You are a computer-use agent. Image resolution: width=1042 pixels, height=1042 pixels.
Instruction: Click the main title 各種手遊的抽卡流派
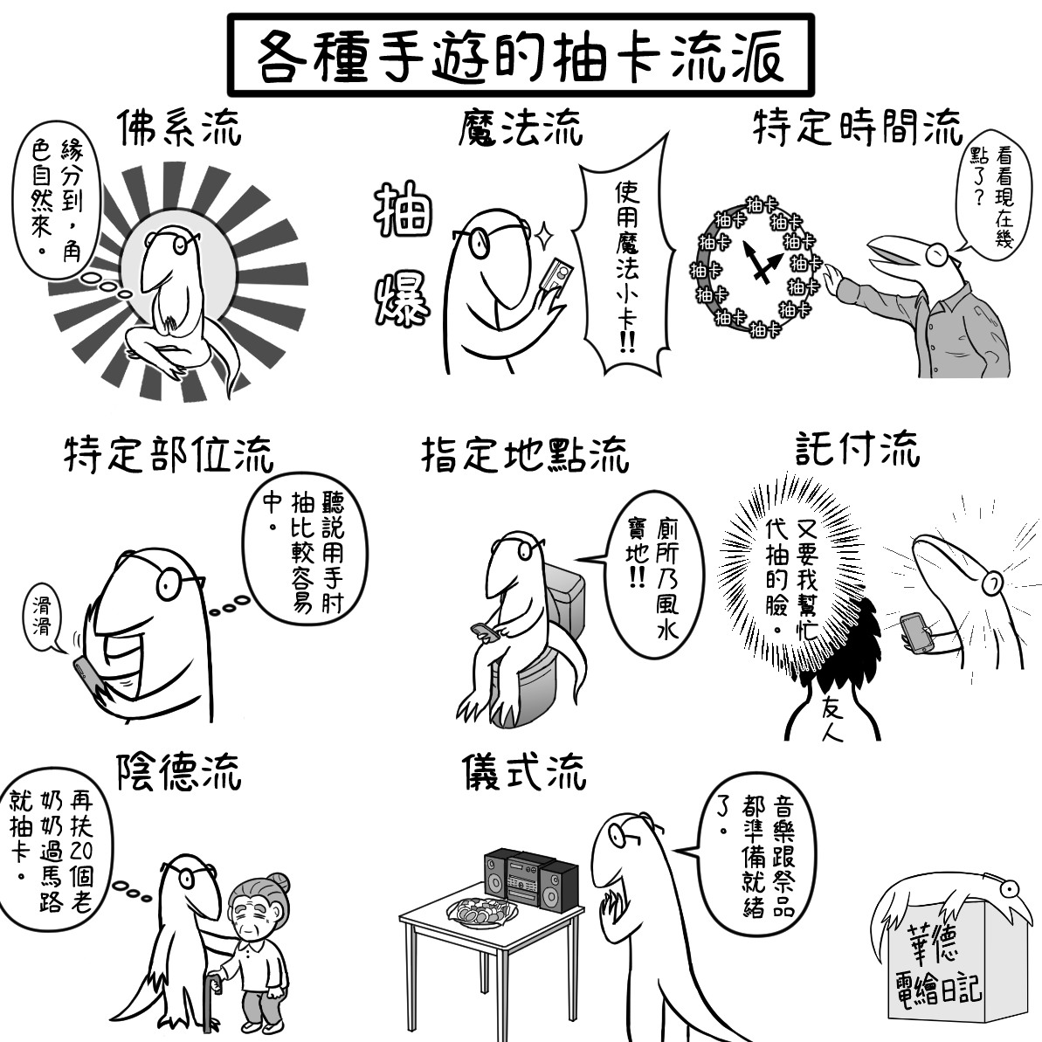[521, 56]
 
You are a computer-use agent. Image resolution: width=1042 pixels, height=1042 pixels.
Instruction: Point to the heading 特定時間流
[858, 127]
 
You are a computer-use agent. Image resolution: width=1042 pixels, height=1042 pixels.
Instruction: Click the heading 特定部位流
[169, 454]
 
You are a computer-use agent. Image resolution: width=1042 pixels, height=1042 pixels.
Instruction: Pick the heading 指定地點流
[525, 454]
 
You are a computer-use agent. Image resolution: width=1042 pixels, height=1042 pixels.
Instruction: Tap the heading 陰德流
[179, 771]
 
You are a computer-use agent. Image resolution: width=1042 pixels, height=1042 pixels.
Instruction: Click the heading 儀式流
[524, 771]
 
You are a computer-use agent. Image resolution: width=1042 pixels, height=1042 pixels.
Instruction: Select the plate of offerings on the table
[483, 911]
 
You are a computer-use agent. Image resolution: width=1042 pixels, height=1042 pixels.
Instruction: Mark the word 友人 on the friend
[832, 720]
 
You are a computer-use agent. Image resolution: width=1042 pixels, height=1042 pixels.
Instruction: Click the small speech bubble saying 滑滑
[45, 616]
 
